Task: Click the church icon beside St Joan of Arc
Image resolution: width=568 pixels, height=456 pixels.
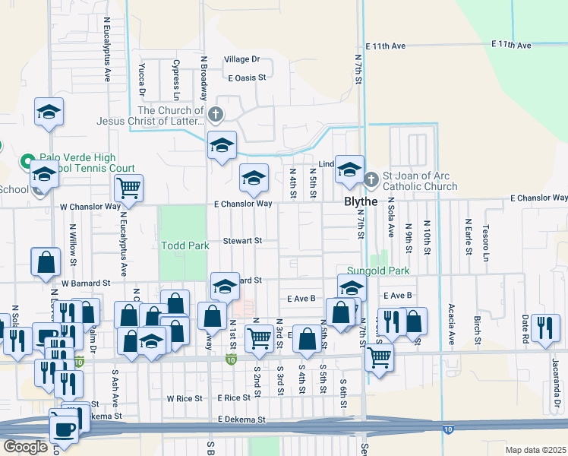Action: click(x=371, y=179)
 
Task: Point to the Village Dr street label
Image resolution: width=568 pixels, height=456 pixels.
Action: click(x=242, y=59)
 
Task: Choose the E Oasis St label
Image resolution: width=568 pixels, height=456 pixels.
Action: click(x=248, y=78)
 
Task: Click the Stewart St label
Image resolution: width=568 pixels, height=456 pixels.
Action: click(x=242, y=240)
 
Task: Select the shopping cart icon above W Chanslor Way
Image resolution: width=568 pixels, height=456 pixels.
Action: click(x=128, y=188)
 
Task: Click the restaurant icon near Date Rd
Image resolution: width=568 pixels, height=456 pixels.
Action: click(x=545, y=326)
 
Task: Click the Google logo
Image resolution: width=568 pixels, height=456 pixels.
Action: click(x=25, y=447)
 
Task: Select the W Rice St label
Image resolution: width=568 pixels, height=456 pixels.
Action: click(x=185, y=398)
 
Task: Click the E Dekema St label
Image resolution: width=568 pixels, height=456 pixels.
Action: click(x=241, y=419)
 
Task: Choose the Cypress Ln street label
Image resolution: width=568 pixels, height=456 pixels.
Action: click(x=175, y=81)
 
